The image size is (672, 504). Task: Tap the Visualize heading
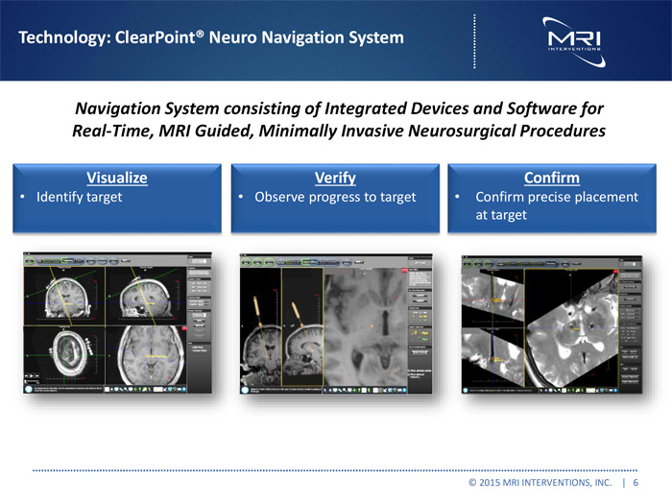[x=117, y=178]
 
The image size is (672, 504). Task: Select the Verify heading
[x=335, y=178]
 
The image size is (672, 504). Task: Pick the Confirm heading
[x=551, y=178]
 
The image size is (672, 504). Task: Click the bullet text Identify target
[x=79, y=197]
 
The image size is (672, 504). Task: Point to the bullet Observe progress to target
[x=334, y=197]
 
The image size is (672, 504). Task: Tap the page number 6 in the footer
[x=636, y=483]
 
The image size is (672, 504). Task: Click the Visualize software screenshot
[x=117, y=324]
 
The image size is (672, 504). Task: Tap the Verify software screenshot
[x=335, y=324]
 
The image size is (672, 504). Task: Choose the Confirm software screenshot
[x=552, y=324]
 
